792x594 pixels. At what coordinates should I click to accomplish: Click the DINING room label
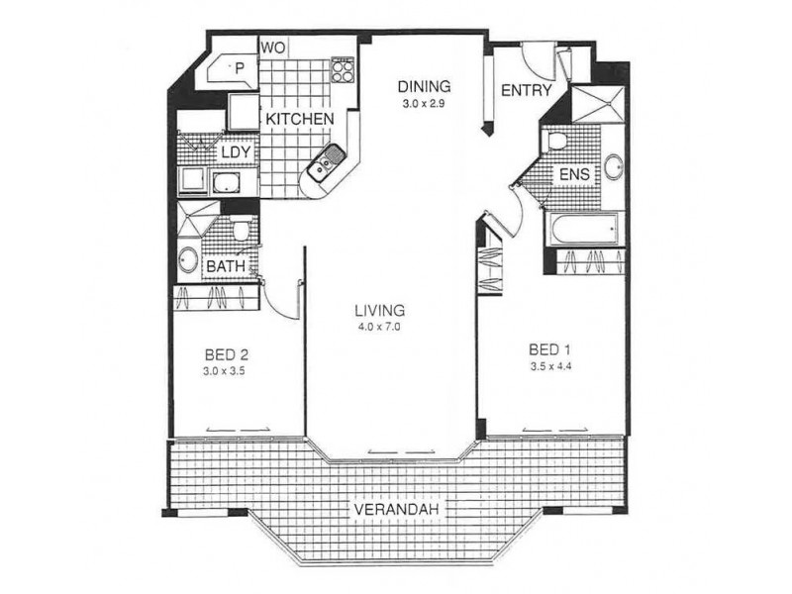(425, 84)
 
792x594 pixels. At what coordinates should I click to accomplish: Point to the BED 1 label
(550, 350)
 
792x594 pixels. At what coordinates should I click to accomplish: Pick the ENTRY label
(527, 90)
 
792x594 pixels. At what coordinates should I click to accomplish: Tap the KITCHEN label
(299, 119)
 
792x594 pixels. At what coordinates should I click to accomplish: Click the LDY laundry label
(235, 152)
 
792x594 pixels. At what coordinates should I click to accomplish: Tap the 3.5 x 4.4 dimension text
(550, 368)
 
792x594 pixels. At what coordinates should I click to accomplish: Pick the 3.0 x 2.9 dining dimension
(425, 101)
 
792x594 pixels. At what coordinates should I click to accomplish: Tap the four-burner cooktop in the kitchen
(343, 69)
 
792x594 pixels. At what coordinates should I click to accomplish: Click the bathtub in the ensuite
(584, 230)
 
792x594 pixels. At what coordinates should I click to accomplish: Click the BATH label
(227, 267)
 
